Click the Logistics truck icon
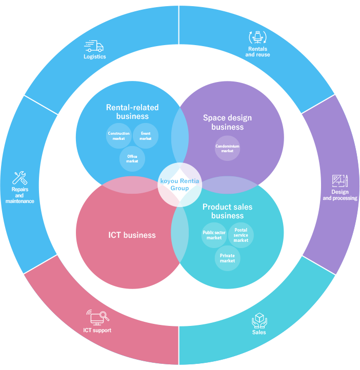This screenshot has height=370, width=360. coord(94,46)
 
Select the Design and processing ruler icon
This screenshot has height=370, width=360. coord(339,181)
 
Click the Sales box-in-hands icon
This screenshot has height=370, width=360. coord(259,321)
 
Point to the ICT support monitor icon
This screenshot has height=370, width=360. coord(97,317)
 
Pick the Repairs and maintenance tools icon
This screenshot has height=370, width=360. coord(19,178)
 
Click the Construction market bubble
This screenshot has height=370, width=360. coord(119,136)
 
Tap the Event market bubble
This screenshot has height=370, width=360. coord(146,136)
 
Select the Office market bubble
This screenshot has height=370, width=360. coord(132,159)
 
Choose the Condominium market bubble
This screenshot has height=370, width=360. coord(227,148)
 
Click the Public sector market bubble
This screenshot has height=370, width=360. coord(214,235)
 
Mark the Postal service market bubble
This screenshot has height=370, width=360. coord(241,235)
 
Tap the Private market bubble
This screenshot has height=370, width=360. coord(227,258)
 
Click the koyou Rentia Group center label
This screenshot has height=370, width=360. coord(179,184)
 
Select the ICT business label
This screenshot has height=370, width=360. coord(132,235)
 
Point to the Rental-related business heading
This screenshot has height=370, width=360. coord(132,112)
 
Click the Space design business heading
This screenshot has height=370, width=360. coord(227,122)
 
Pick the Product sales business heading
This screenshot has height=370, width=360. coord(227,211)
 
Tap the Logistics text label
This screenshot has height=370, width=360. coord(95,56)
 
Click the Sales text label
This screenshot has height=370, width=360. coord(259,332)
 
